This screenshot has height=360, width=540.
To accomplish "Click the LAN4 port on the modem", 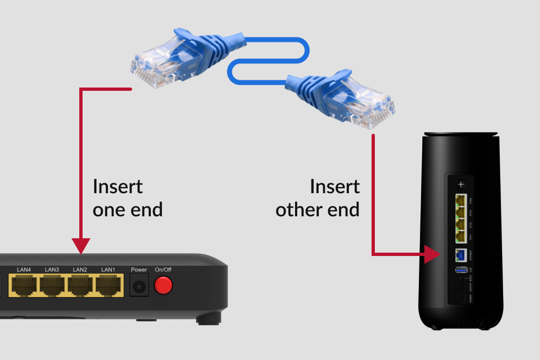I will pyautogui.click(x=24, y=285).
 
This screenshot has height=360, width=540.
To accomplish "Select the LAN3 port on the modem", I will pyautogui.click(x=52, y=285).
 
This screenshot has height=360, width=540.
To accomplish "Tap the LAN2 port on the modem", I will pyautogui.click(x=80, y=285).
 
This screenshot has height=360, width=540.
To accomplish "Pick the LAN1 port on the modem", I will pyautogui.click(x=108, y=285).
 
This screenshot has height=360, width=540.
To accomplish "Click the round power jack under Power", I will pyautogui.click(x=138, y=286).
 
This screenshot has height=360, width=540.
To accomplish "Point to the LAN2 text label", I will pyautogui.click(x=80, y=270).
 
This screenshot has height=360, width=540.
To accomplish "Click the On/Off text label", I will pyautogui.click(x=163, y=270).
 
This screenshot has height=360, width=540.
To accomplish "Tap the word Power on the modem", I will pyautogui.click(x=139, y=270).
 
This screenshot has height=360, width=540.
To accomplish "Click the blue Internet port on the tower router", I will pyautogui.click(x=461, y=255).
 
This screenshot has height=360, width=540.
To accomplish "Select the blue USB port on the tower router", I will pyautogui.click(x=461, y=270).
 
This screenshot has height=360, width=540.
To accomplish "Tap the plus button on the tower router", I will pyautogui.click(x=461, y=184).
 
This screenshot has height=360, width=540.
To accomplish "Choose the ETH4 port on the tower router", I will pyautogui.click(x=461, y=201).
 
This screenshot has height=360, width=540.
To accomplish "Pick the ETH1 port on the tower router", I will pyautogui.click(x=461, y=236).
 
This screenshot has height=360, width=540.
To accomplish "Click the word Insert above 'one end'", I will pyautogui.click(x=118, y=187).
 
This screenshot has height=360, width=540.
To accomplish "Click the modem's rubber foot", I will pyautogui.click(x=209, y=319).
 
